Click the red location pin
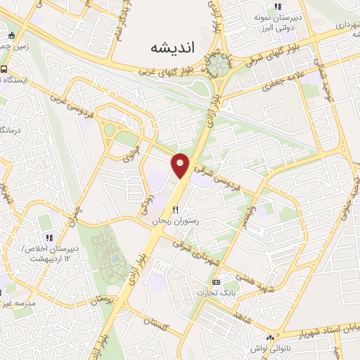tap(181, 165)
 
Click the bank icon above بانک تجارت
tap(215, 281)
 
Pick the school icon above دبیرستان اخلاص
tap(49, 237)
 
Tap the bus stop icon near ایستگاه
tap(4, 70)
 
